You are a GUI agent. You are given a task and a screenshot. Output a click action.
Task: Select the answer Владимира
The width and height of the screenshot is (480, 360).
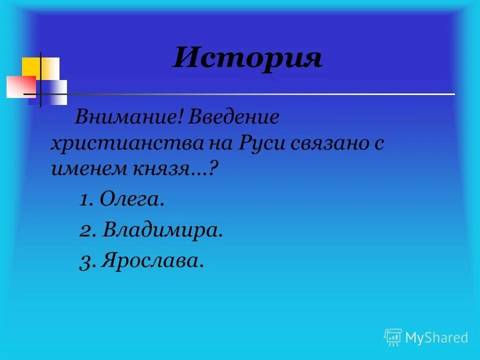(x=163, y=230)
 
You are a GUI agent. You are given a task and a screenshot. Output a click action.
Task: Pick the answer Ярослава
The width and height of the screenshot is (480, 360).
(x=152, y=260)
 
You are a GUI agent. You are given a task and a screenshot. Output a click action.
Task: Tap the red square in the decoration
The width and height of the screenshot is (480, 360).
(x=20, y=86)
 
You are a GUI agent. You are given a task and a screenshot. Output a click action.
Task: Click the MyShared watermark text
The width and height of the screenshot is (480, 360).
(x=436, y=337)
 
